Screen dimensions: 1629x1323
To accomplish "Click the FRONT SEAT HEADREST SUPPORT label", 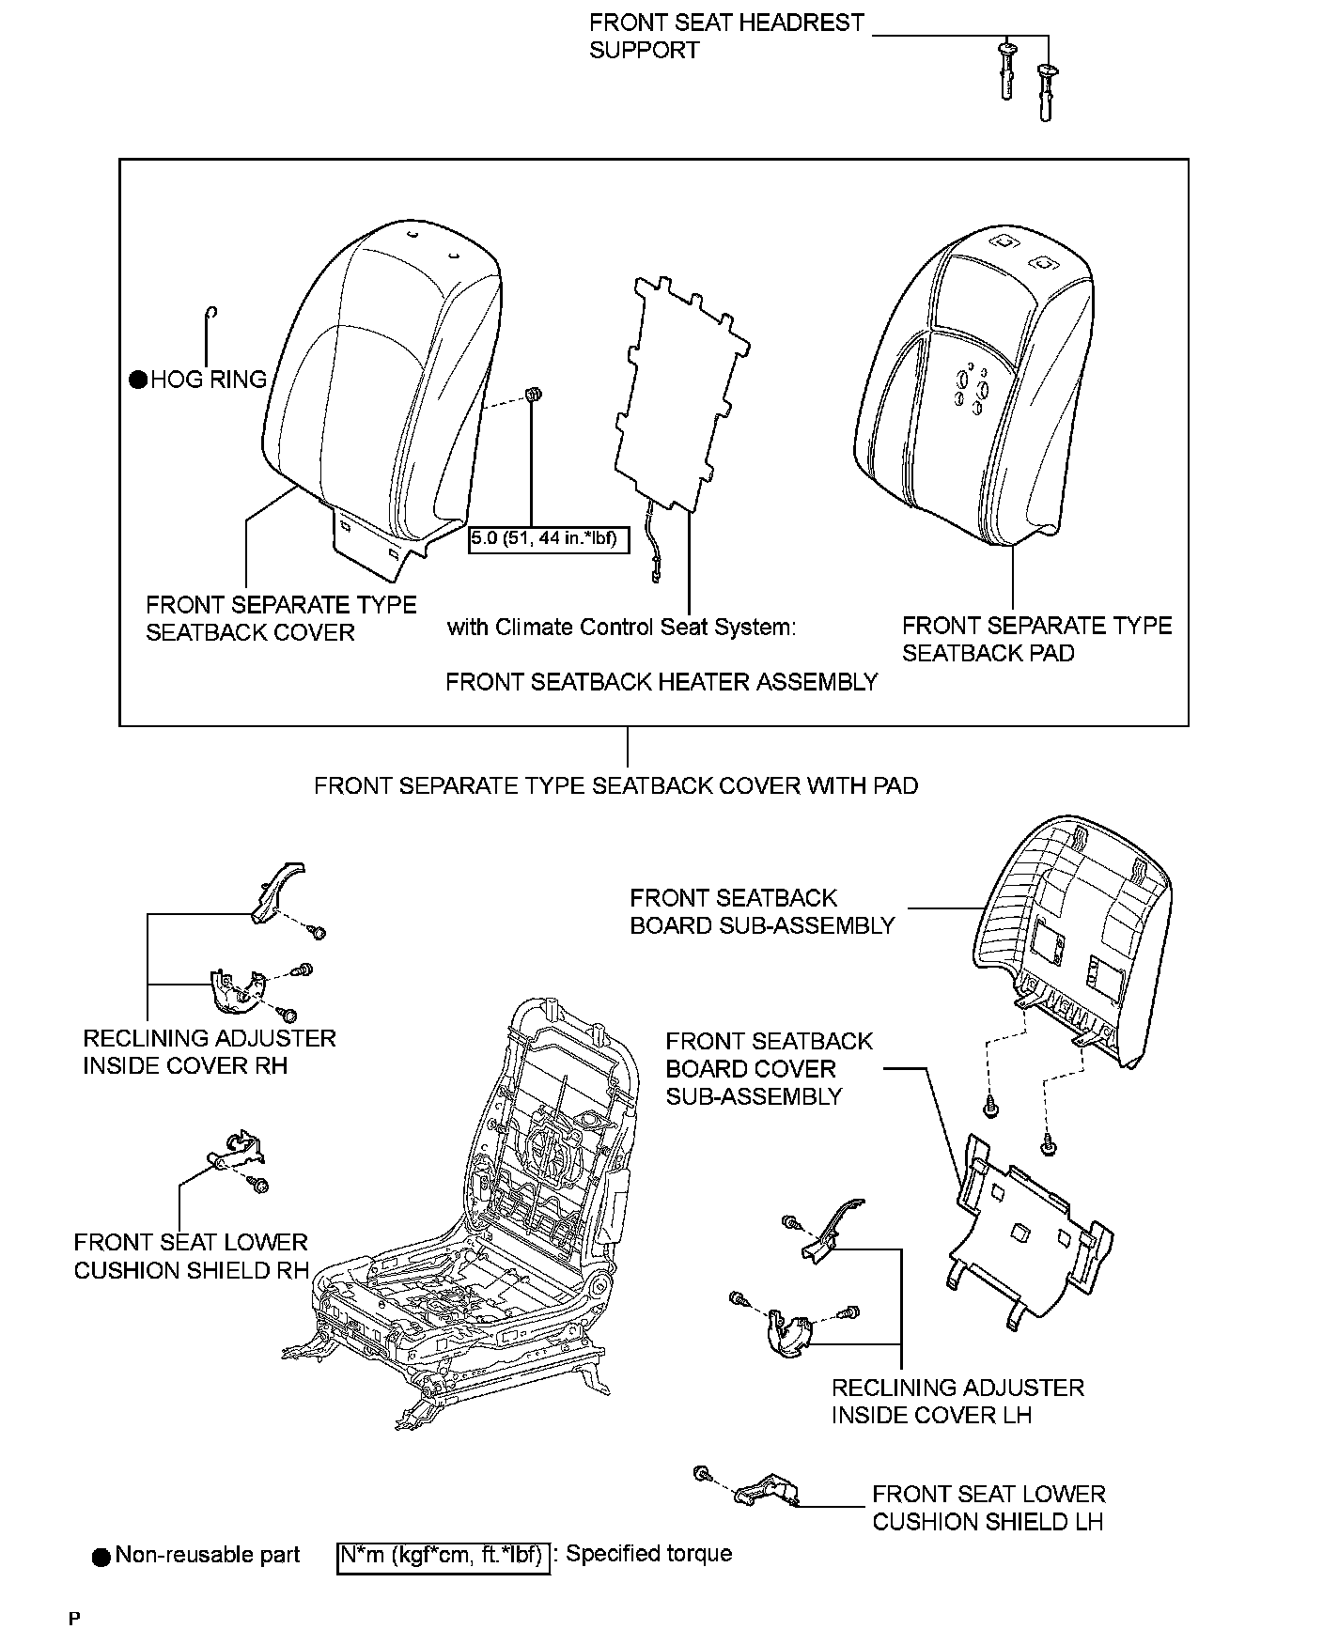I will point(725,36).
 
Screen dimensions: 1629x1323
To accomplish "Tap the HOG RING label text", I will point(209,380).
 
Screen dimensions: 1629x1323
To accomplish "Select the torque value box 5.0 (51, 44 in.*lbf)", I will point(549,539).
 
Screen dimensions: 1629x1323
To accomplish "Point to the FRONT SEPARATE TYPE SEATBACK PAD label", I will point(1036,639).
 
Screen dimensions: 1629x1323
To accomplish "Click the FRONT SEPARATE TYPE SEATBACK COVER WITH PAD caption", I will point(615,785).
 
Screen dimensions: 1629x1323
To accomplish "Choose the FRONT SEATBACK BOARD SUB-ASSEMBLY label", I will point(762,911).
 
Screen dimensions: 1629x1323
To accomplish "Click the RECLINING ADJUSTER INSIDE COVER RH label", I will point(209,1051).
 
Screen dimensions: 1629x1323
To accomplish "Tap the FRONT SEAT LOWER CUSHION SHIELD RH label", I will point(191,1256).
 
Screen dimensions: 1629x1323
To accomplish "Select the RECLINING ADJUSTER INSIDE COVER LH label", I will point(957,1401).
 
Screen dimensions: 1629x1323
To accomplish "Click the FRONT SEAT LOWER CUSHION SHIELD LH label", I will point(988,1507).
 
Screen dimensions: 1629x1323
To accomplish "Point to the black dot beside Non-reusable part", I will point(101,1557).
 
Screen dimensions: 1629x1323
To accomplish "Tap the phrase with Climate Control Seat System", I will point(620,627).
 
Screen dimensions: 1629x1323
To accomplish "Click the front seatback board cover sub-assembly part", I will point(1029,1231).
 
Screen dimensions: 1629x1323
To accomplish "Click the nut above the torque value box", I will point(533,396).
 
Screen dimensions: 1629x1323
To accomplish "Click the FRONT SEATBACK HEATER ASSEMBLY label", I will point(661,682).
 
